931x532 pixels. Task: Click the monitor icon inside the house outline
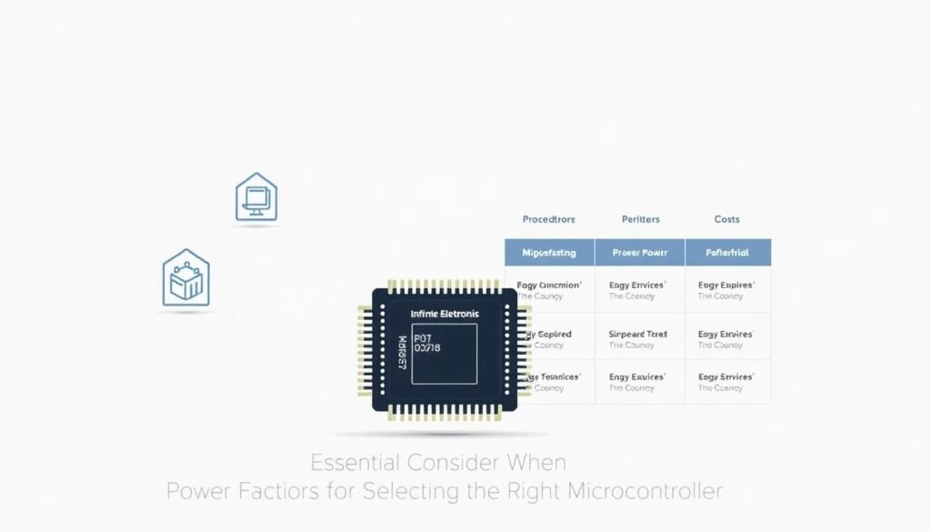click(256, 197)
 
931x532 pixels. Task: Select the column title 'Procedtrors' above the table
click(549, 219)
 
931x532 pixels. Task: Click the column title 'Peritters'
click(640, 219)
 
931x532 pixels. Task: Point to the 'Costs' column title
click(726, 219)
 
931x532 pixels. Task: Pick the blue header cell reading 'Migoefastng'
click(549, 252)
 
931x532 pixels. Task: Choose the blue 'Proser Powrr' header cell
click(639, 252)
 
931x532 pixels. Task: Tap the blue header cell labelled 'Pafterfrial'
click(727, 252)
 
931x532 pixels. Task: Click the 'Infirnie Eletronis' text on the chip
click(445, 314)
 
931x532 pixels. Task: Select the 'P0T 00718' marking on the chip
click(427, 343)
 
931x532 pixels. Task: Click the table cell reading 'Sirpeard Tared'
click(637, 335)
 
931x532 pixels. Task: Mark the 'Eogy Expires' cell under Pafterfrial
click(726, 285)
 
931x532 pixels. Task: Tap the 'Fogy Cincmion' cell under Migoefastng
click(549, 285)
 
